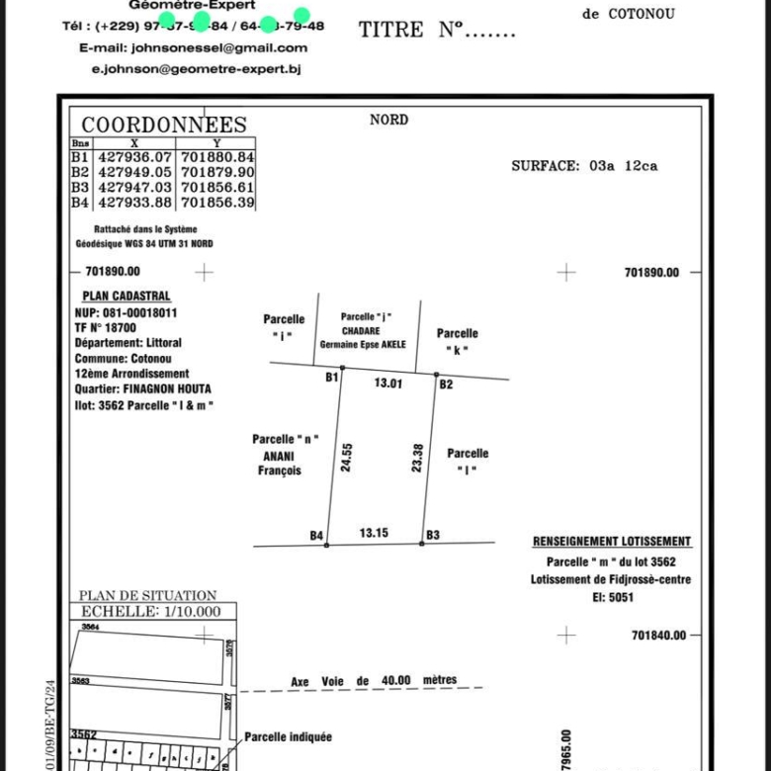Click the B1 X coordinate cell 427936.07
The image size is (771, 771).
click(x=135, y=156)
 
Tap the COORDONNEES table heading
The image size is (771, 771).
click(x=164, y=125)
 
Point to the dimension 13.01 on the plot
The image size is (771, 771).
click(x=387, y=384)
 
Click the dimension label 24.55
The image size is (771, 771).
click(x=347, y=457)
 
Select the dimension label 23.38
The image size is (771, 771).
click(x=417, y=457)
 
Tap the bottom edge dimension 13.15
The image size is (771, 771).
click(x=374, y=533)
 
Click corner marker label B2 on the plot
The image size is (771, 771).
click(x=446, y=384)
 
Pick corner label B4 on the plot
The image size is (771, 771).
click(x=317, y=535)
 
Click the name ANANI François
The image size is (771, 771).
click(x=281, y=463)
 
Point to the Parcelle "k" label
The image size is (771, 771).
click(x=457, y=341)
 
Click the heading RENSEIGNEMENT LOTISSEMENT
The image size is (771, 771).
click(x=612, y=542)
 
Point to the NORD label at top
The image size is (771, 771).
click(x=388, y=120)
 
